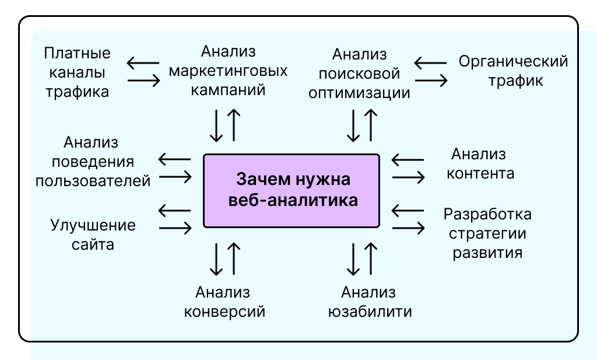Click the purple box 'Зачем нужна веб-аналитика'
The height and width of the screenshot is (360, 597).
[x=291, y=190]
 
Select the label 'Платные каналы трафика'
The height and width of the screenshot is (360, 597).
[x=78, y=73]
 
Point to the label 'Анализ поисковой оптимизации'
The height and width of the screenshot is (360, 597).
[x=360, y=74]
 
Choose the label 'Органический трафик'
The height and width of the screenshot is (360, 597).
[x=513, y=70]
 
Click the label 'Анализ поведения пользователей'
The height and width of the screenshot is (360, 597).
[x=93, y=161]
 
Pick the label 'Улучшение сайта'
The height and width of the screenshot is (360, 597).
[x=93, y=235]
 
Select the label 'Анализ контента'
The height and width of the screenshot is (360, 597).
[x=480, y=164]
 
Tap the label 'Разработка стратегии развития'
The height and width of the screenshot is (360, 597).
[x=487, y=233]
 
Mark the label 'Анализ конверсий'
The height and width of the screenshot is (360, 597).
[x=224, y=302]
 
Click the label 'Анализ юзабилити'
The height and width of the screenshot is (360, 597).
[x=368, y=302]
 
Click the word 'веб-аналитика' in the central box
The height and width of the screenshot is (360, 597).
[x=291, y=200]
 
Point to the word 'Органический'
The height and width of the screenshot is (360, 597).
[x=513, y=61]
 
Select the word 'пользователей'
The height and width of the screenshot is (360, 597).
[x=93, y=180]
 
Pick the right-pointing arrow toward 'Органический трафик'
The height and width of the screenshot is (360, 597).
[x=431, y=81]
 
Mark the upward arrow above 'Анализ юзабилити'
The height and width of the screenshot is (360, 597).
[x=370, y=258]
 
